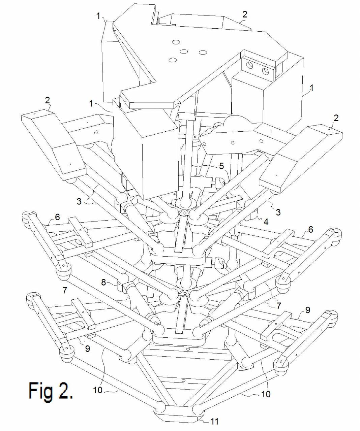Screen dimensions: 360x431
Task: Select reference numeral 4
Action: (x=266, y=222)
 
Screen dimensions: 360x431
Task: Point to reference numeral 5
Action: (x=221, y=166)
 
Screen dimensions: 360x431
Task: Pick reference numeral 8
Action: (x=103, y=282)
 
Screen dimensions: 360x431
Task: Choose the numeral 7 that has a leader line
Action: (x=279, y=306)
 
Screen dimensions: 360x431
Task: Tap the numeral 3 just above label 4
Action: (x=278, y=212)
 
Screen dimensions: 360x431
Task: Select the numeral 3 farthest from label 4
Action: (x=79, y=201)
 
